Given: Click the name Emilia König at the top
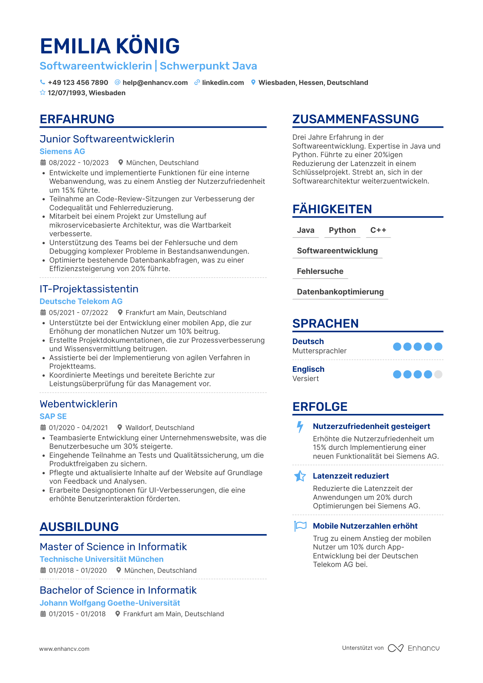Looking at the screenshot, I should tap(110, 46).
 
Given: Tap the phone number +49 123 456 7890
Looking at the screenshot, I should tap(78, 83).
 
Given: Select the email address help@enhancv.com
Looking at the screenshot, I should tap(155, 83).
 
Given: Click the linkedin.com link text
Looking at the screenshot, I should tap(223, 83).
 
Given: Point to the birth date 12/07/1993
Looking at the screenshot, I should tap(67, 93).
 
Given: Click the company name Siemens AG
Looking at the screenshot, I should tap(62, 151).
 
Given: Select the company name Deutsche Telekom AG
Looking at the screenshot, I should tap(81, 301).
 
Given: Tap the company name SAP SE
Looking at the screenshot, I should tap(53, 416).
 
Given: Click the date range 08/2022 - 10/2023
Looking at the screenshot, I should tap(78, 163).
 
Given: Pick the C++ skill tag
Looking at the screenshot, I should tap(378, 230).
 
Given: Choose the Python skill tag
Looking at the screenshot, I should tap(342, 230).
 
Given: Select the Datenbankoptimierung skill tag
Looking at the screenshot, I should tap(340, 292).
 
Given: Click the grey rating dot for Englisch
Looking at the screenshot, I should tap(438, 374).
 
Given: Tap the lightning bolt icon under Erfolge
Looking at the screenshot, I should tap(300, 427).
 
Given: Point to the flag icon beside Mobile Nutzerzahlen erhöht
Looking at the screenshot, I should tap(300, 526).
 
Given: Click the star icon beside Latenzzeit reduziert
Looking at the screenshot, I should tap(300, 476).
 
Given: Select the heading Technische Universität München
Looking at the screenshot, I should tap(101, 559).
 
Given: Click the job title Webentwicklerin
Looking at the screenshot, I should tap(78, 404).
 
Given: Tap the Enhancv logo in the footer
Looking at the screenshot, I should tap(413, 648).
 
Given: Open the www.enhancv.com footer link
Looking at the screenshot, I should tap(64, 649).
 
